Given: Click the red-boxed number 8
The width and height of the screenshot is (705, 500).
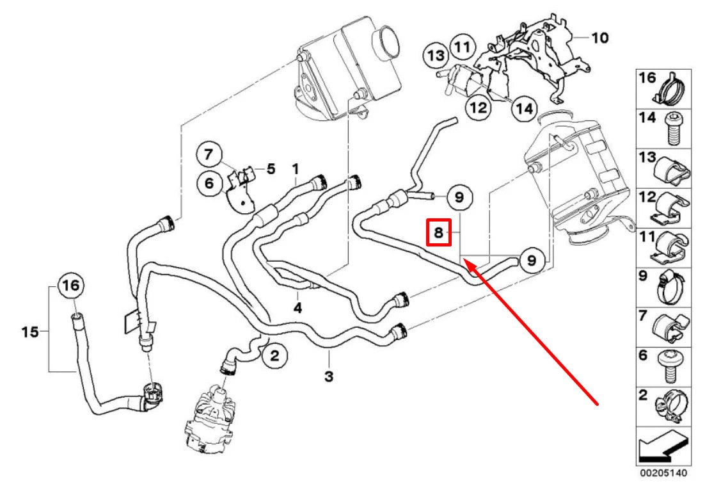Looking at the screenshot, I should (x=439, y=233).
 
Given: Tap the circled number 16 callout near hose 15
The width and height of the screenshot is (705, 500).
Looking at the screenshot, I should (x=71, y=286).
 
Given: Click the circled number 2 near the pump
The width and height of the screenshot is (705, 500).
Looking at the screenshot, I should (x=274, y=356).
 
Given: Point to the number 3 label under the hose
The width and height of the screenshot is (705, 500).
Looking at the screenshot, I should (x=328, y=378).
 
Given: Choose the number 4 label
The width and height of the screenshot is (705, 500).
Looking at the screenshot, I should (x=297, y=308).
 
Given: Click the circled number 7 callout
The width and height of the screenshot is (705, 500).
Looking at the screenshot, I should (x=208, y=154).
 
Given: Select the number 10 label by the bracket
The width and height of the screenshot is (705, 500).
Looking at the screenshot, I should (x=599, y=38).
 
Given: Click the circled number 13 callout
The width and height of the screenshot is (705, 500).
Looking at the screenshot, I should (x=436, y=56).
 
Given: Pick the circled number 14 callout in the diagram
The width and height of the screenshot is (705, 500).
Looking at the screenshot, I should (x=523, y=109).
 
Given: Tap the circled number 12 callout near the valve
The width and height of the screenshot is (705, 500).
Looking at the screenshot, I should (x=479, y=108).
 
